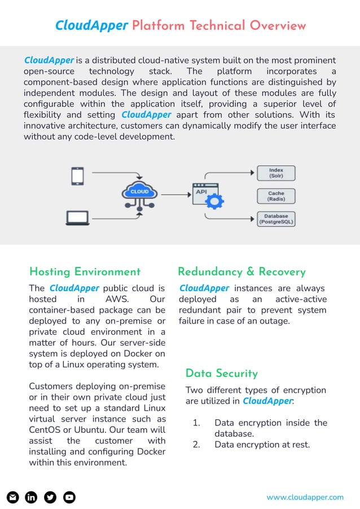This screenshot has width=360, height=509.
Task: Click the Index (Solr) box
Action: pyautogui.click(x=276, y=173)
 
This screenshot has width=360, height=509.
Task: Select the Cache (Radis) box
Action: pyautogui.click(x=276, y=196)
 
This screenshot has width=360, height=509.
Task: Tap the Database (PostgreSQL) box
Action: pyautogui.click(x=276, y=219)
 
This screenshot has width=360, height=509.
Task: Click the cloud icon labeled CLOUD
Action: pyautogui.click(x=140, y=192)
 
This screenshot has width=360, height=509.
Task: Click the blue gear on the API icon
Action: pyautogui.click(x=216, y=200)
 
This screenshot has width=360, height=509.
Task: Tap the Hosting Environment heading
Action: pyautogui.click(x=85, y=272)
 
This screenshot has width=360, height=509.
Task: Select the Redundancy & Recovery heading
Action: pyautogui.click(x=242, y=272)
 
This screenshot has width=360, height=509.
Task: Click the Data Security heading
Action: pyautogui.click(x=221, y=374)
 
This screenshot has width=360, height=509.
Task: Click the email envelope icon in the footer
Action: pyautogui.click(x=13, y=497)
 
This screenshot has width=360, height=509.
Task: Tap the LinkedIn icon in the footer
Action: pyautogui.click(x=32, y=497)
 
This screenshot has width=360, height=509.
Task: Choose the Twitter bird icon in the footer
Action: pyautogui.click(x=50, y=497)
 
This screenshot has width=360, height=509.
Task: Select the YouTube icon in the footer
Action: pyautogui.click(x=69, y=497)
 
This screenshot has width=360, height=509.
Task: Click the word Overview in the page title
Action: pyautogui.click(x=278, y=25)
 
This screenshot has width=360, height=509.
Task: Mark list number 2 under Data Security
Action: pyautogui.click(x=196, y=445)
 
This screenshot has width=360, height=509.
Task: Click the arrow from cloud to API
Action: pyautogui.click(x=176, y=195)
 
